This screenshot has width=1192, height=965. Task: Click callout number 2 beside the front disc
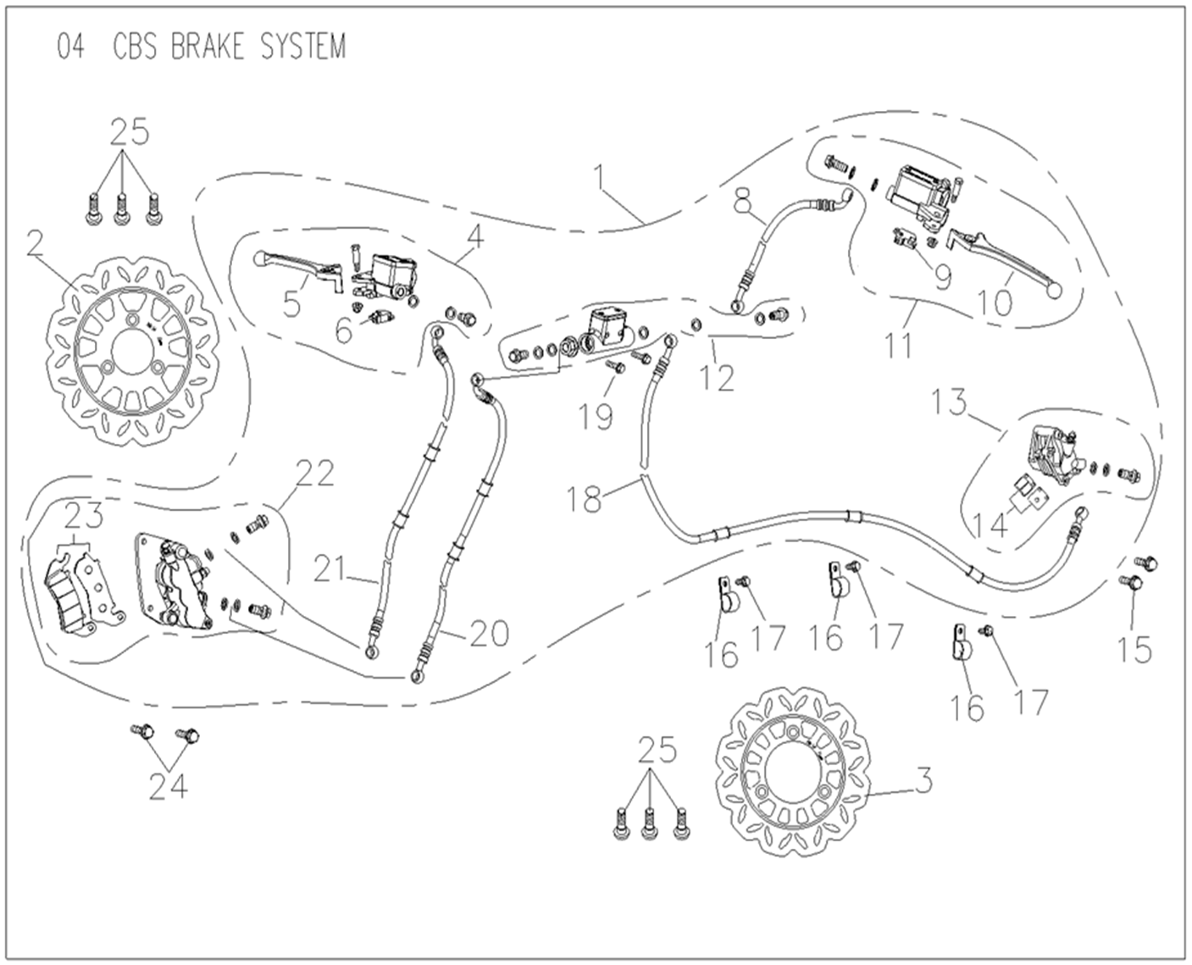point(35,245)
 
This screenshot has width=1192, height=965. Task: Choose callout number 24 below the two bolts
point(168,787)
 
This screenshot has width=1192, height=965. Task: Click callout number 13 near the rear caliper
point(950,402)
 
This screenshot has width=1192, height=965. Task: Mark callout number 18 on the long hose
point(585,499)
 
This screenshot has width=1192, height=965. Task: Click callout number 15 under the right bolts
point(1134,649)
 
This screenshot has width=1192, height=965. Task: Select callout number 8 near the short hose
point(742,200)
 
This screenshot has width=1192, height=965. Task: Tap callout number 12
point(718,377)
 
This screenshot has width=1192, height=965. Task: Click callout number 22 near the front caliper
point(314,474)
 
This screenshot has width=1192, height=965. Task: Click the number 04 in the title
point(71,47)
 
